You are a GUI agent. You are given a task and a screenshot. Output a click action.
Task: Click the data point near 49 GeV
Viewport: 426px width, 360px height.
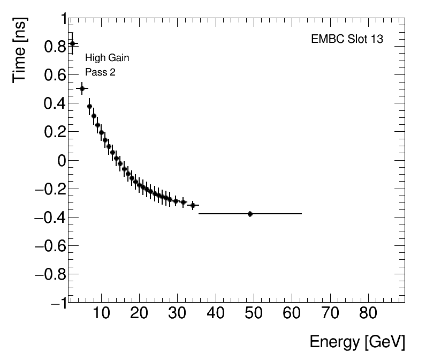[250, 214]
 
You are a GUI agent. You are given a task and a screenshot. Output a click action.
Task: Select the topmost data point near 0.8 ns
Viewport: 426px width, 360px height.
[73, 44]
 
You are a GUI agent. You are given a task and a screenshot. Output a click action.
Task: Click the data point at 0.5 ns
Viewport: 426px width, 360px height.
[82, 88]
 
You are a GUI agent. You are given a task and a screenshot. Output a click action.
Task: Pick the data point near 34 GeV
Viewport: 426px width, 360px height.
[193, 205]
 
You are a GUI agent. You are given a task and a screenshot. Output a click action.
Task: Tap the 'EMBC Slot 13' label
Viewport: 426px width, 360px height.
[347, 40]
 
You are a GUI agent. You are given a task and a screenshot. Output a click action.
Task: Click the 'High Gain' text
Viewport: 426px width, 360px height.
[107, 58]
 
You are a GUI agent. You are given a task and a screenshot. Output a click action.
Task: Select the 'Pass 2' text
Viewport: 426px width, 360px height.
[100, 72]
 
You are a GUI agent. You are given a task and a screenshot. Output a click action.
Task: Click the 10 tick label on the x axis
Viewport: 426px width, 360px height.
[101, 313]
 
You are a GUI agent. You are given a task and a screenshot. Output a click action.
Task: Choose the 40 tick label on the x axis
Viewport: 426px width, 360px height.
[215, 313]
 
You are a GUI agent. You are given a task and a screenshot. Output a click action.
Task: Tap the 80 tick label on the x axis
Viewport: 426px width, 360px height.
[368, 313]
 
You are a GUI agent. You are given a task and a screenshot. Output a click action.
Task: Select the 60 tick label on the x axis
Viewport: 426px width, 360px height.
[292, 313]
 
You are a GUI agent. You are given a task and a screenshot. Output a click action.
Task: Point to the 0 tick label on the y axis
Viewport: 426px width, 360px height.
[61, 161]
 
